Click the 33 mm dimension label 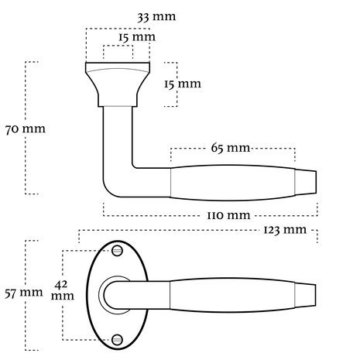click(156, 17)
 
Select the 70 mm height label click(26, 129)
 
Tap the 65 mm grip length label click(231, 148)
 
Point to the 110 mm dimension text click(228, 215)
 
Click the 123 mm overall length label click(285, 230)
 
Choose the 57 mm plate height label click(24, 293)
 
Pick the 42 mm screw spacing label click(62, 290)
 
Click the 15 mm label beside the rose click(183, 84)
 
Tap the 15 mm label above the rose click(137, 37)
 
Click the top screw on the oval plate click(117, 251)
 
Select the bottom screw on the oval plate click(117, 340)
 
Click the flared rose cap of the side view click(118, 84)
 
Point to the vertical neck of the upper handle click(118, 137)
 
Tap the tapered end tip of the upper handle click(306, 182)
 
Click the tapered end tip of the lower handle click(306, 296)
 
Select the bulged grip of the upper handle click(232, 183)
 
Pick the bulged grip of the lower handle click(232, 296)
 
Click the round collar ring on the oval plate click(101, 295)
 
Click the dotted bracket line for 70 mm click(26, 128)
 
